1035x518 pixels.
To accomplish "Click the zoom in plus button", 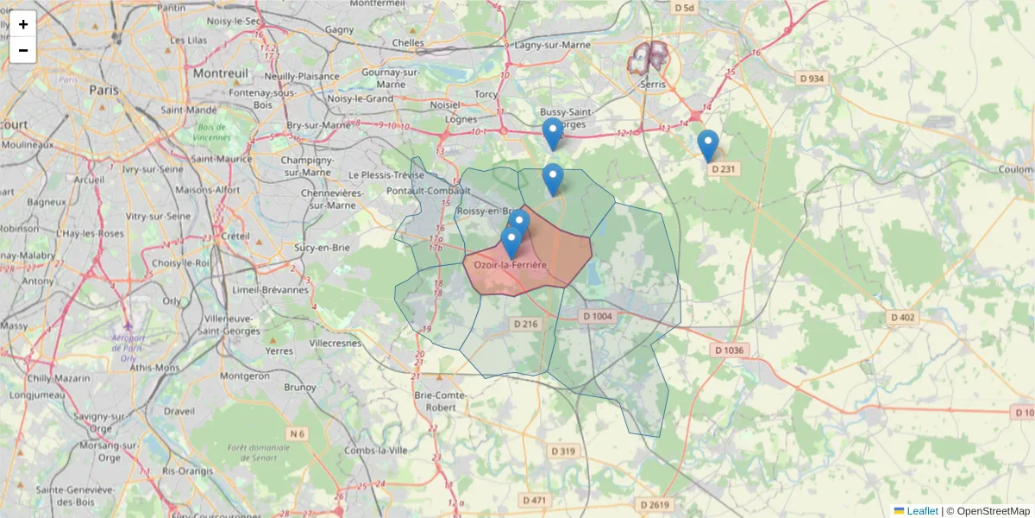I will click(x=23, y=24).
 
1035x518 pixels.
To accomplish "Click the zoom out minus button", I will click(x=23, y=50).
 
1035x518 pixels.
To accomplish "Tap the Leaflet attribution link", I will click(x=922, y=510).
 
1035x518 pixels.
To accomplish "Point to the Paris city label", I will click(x=103, y=89).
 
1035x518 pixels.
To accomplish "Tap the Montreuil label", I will click(x=221, y=73).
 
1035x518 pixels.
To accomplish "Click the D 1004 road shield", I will click(x=598, y=317).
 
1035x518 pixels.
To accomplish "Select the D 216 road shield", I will click(x=525, y=324).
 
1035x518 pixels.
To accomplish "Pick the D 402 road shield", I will click(x=901, y=318).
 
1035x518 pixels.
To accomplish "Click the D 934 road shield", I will click(x=812, y=79).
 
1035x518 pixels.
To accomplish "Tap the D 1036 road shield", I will click(x=729, y=350).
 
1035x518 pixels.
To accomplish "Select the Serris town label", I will click(x=654, y=85).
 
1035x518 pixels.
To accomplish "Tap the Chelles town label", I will click(x=408, y=41).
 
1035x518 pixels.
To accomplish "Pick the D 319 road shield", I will click(x=562, y=451).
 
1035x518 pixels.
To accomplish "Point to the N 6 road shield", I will click(x=298, y=433).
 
